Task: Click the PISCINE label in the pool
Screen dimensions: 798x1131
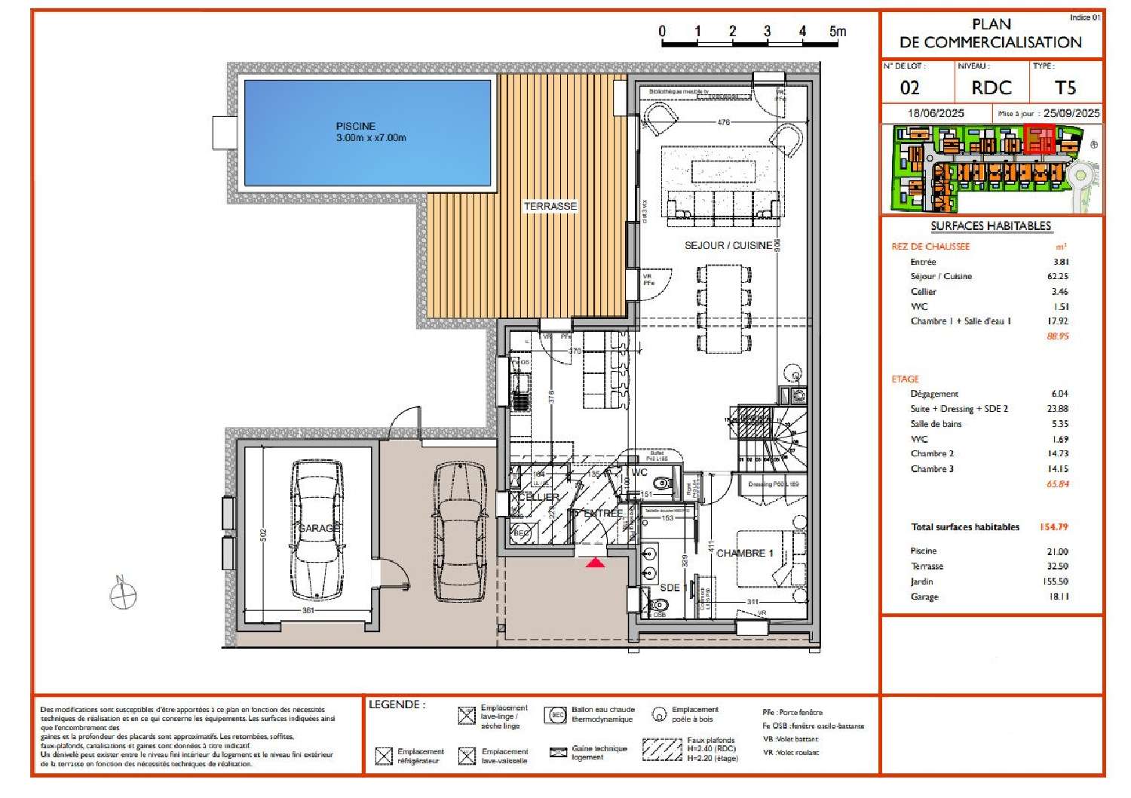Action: (x=355, y=126)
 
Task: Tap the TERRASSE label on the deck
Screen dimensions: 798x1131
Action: (x=550, y=206)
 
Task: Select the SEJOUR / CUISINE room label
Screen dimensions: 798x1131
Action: (x=728, y=245)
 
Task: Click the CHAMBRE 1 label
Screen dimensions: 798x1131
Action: (x=745, y=553)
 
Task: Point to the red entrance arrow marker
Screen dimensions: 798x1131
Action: (x=596, y=563)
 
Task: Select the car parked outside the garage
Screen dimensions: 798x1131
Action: (x=460, y=531)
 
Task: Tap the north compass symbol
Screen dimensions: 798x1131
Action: (x=123, y=596)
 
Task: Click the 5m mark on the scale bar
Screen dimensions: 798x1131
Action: (x=837, y=32)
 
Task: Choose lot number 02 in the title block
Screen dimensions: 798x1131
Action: (x=910, y=88)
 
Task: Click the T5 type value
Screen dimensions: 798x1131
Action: (x=1065, y=88)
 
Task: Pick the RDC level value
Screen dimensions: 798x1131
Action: (x=991, y=88)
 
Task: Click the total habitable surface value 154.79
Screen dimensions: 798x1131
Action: (x=1053, y=527)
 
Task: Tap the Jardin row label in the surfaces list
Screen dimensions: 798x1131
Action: (x=921, y=582)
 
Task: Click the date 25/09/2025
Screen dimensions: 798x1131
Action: (x=1071, y=113)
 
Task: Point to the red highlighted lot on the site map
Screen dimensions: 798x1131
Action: (x=1040, y=140)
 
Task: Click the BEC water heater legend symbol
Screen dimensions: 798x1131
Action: (x=557, y=715)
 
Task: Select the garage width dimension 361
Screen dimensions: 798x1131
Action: (x=308, y=610)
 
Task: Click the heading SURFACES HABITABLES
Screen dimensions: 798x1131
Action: (x=991, y=226)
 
